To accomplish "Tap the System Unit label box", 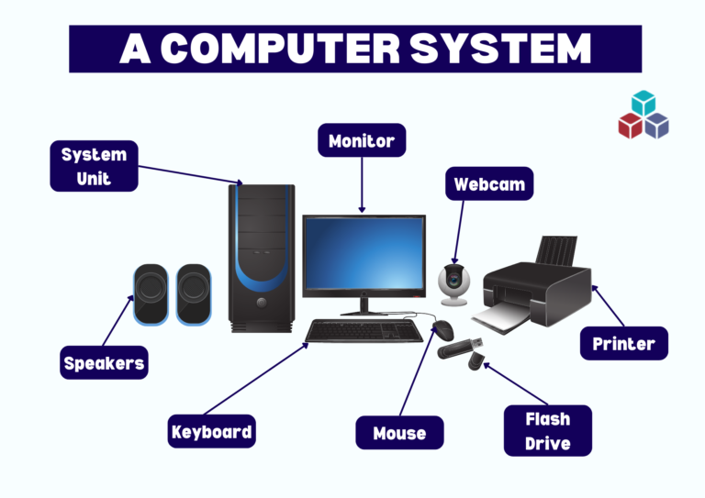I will point(94,166).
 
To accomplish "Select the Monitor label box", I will point(362,141).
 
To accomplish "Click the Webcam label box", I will point(489,184).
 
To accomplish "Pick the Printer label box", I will point(624,344).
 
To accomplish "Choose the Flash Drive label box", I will point(548,431).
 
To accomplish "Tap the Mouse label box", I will point(399,433).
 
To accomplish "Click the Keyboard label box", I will point(211,432).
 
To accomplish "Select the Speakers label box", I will point(104,363).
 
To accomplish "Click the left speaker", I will point(151,294).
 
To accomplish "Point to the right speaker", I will point(193,294).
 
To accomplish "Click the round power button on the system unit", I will point(262,302).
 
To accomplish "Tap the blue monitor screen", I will point(364,253).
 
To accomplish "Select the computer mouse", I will point(443,329).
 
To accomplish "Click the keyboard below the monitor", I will point(364,330).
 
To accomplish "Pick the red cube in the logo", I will point(630,126).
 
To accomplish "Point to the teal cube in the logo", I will point(644,103).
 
